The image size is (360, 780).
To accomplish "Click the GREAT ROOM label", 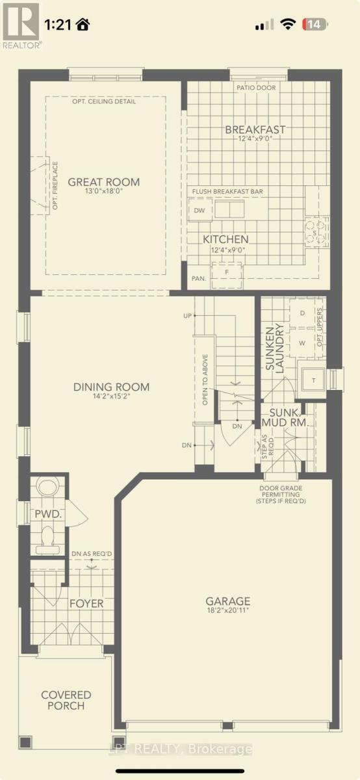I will [x=104, y=182].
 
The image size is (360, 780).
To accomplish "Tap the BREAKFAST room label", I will [x=255, y=129].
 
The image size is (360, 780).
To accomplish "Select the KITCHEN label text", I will [x=225, y=239].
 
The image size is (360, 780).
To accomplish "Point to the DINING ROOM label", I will [x=111, y=387].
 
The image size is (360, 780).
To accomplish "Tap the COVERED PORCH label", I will [x=66, y=700].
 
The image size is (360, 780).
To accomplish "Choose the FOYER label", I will [x=86, y=603].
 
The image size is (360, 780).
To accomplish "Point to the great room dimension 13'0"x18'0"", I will [x=104, y=192].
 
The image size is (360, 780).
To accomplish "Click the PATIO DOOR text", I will [x=257, y=88].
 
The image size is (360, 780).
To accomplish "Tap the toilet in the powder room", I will [x=47, y=538].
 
